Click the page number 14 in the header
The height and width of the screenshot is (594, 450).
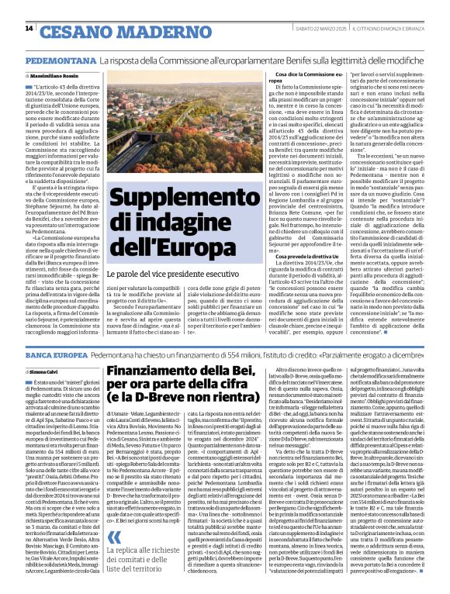tap(29, 29)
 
